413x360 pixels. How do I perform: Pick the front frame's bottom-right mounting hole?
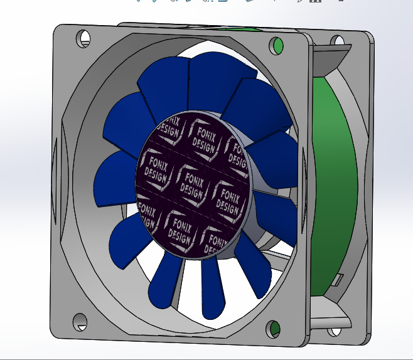click(x=274, y=328)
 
